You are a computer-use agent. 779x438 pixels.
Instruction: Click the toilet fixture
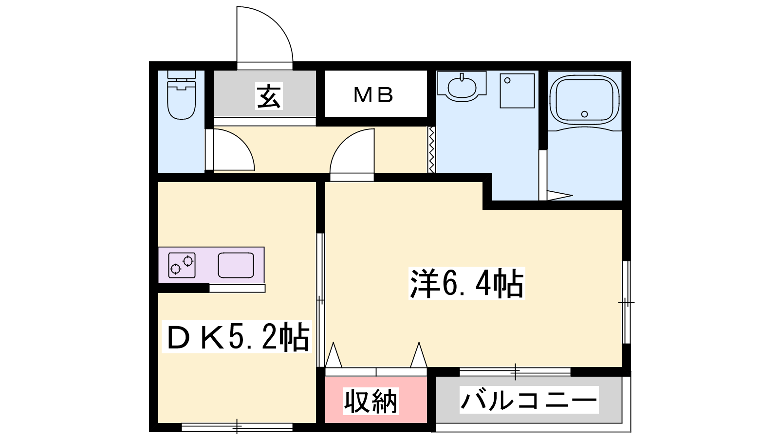(x=181, y=95)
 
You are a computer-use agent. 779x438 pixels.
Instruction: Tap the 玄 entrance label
(x=269, y=96)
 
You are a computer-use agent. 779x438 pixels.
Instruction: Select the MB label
(x=373, y=95)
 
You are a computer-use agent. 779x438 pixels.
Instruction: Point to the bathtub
(x=584, y=101)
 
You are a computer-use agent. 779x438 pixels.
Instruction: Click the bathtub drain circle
(x=584, y=114)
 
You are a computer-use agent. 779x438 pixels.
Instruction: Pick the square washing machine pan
(x=517, y=91)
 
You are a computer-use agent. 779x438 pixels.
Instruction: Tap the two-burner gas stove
(x=182, y=265)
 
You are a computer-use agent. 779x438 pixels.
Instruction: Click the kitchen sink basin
(x=236, y=265)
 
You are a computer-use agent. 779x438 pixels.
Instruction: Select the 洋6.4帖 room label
(x=466, y=283)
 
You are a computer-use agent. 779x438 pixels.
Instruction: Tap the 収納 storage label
(x=371, y=401)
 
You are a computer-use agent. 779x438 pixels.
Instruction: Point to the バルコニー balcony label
(x=529, y=400)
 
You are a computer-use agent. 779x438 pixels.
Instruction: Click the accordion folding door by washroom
(x=431, y=149)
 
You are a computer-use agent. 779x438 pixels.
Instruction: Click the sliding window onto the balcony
(x=515, y=372)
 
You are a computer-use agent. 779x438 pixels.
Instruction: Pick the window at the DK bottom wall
(x=237, y=427)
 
